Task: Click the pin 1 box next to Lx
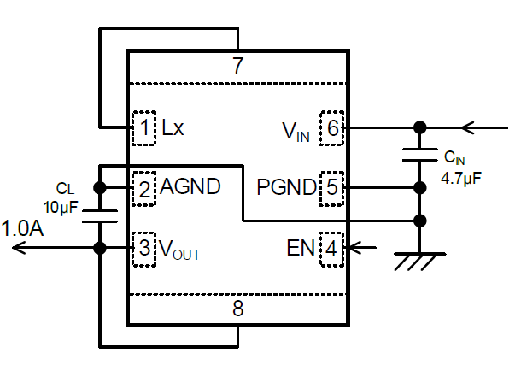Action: (143, 128)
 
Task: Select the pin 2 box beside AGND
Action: (143, 189)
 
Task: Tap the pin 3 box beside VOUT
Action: (143, 249)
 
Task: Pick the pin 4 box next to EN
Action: (331, 249)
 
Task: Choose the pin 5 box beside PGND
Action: (331, 189)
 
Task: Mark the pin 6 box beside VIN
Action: (331, 128)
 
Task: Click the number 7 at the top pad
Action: (238, 66)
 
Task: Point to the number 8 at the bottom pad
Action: (238, 309)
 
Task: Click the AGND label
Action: (190, 186)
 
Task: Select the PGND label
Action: (286, 187)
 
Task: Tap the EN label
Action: (301, 248)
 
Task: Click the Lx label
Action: (173, 127)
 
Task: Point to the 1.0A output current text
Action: (22, 228)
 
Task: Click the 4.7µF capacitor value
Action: (461, 178)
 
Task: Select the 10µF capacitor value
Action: (61, 208)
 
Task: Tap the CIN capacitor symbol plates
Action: (419, 155)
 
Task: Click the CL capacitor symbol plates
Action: (100, 216)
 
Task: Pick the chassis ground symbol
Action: (419, 262)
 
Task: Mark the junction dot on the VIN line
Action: (419, 127)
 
